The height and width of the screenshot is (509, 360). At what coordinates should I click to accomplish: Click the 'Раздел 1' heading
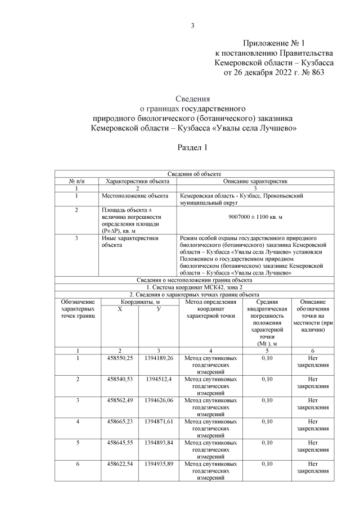click(193, 148)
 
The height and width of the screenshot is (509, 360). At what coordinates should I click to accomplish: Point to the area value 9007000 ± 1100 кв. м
click(256, 217)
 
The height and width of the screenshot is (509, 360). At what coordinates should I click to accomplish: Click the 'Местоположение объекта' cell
click(134, 196)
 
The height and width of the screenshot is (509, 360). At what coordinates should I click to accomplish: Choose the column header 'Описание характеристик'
click(256, 181)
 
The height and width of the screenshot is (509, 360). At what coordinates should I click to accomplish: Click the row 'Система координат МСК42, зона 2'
click(194, 287)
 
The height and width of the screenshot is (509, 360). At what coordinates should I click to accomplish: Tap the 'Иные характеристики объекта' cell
click(129, 241)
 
